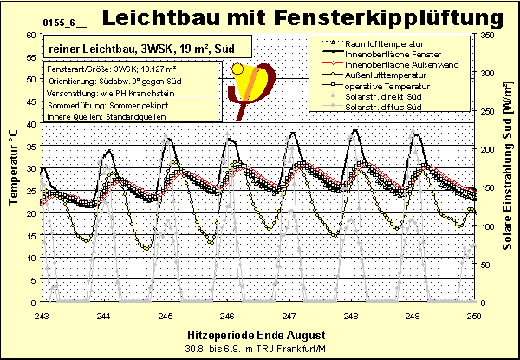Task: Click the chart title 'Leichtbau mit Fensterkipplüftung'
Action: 302,16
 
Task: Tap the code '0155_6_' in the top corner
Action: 34,18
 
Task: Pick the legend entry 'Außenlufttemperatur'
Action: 385,75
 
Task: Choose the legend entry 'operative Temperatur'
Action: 384,87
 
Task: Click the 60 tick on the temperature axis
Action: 32,35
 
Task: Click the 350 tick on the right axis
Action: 488,35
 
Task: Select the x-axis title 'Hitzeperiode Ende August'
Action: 247,334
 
